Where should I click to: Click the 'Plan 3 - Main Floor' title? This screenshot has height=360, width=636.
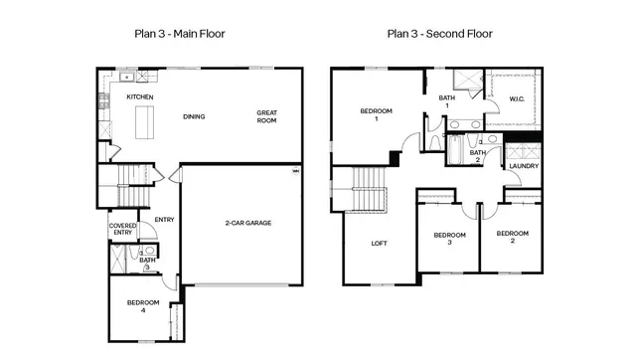pyautogui.click(x=180, y=34)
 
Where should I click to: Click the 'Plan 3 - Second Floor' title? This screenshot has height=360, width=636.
pyautogui.click(x=439, y=34)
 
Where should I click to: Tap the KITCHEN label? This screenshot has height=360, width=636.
pyautogui.click(x=139, y=96)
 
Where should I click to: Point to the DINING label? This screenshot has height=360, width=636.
pyautogui.click(x=194, y=116)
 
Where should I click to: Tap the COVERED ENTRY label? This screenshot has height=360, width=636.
pyautogui.click(x=122, y=230)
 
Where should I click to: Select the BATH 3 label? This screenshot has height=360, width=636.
pyautogui.click(x=146, y=263)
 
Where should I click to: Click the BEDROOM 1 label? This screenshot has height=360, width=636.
pyautogui.click(x=376, y=114)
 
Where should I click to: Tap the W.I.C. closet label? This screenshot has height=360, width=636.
pyautogui.click(x=517, y=98)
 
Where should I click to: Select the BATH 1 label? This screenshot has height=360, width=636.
pyautogui.click(x=447, y=101)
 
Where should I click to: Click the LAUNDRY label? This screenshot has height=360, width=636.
pyautogui.click(x=523, y=166)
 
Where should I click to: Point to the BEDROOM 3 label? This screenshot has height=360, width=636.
pyautogui.click(x=449, y=239)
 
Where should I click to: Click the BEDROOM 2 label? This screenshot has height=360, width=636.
pyautogui.click(x=511, y=237)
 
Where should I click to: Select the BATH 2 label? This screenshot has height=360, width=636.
pyautogui.click(x=477, y=156)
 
